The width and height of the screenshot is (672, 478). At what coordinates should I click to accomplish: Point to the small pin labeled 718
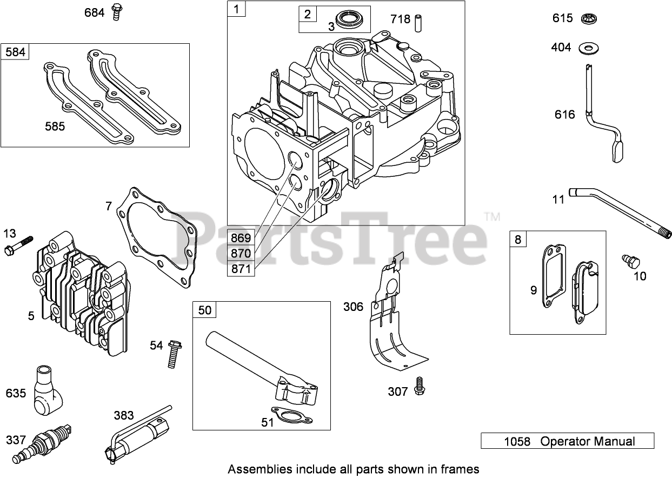click(417, 23)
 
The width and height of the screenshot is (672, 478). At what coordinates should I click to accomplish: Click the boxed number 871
click(241, 268)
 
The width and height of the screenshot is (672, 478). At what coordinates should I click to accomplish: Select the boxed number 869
click(241, 237)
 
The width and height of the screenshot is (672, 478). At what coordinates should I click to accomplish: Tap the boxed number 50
click(205, 310)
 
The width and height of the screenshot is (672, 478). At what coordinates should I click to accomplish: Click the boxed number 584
click(15, 52)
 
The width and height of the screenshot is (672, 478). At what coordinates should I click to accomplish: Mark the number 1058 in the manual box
click(517, 441)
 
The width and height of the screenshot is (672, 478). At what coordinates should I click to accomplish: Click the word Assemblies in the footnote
click(260, 468)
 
